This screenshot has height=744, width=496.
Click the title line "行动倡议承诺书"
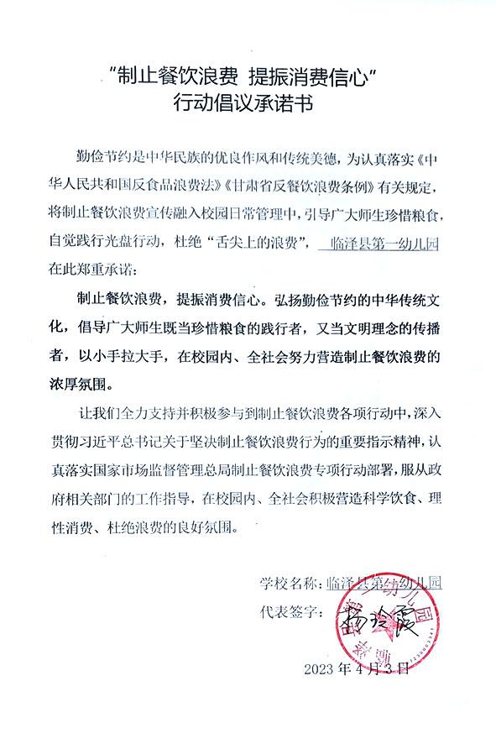click(248, 103)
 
